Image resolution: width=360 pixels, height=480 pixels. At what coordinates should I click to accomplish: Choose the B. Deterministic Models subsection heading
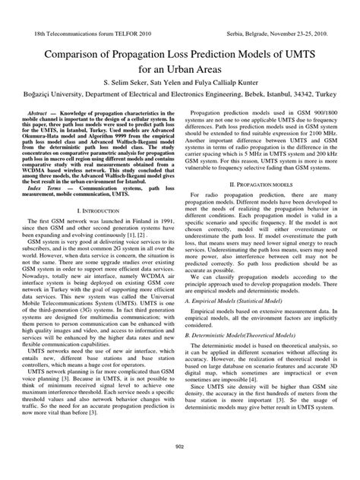[x=245, y=355]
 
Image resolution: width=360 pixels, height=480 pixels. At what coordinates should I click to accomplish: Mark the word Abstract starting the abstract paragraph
[x=49, y=111]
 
